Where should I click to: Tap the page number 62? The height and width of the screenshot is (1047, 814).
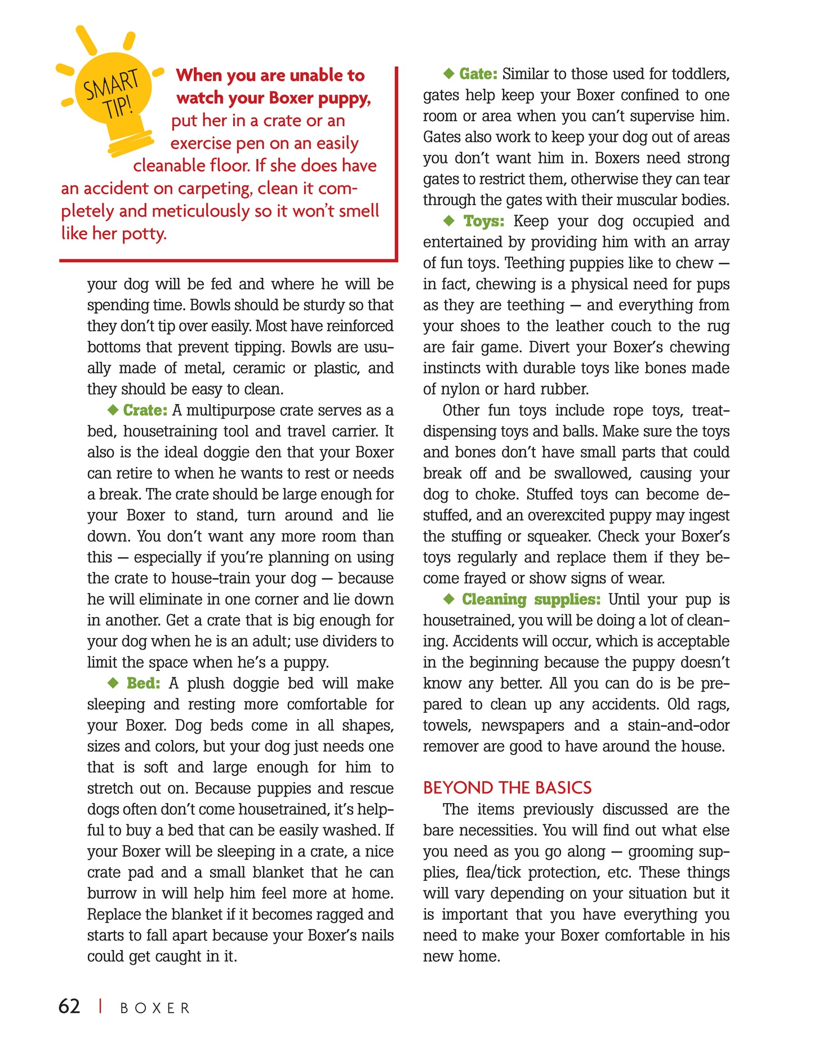tap(69, 1006)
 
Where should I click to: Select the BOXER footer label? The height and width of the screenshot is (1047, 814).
tap(155, 1008)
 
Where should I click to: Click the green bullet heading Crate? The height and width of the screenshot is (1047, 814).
tap(145, 410)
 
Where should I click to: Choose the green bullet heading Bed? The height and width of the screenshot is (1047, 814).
tap(143, 684)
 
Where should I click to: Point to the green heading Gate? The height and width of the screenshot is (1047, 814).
tap(478, 74)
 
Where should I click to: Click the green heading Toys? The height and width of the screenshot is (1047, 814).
tap(484, 221)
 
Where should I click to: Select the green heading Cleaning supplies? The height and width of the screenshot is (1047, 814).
tap(531, 599)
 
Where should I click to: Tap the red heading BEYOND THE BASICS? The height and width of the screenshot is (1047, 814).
tap(507, 788)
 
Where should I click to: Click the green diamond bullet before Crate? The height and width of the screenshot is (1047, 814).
tap(113, 410)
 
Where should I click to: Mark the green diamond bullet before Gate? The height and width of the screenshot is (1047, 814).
tap(449, 73)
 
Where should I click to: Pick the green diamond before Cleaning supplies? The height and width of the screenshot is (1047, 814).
tap(449, 598)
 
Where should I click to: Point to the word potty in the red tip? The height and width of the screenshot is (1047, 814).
tap(144, 233)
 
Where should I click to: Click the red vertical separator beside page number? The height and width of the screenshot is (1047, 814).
tap(100, 1006)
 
